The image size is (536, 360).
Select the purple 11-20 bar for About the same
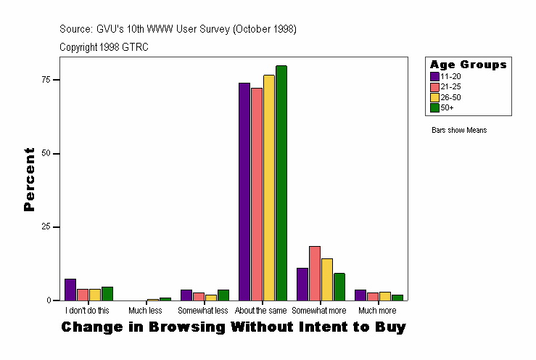244,192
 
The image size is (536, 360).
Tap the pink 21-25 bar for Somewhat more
315,273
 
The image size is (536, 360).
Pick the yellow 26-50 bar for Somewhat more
327,279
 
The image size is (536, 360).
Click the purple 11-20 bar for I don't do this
70,290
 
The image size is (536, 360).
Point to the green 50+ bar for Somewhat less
223,295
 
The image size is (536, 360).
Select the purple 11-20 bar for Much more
360,295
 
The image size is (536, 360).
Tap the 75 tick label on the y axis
46,80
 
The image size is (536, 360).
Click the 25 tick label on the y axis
46,227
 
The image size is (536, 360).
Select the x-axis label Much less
145,311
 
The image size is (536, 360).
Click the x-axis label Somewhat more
319,311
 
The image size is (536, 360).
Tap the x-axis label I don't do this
87,311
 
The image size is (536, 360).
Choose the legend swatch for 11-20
434,76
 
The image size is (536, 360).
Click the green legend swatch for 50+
434,107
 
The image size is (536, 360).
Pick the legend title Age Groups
468,65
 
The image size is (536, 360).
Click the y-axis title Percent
29,179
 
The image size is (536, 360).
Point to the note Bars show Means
459,131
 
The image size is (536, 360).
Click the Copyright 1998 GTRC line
104,47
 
